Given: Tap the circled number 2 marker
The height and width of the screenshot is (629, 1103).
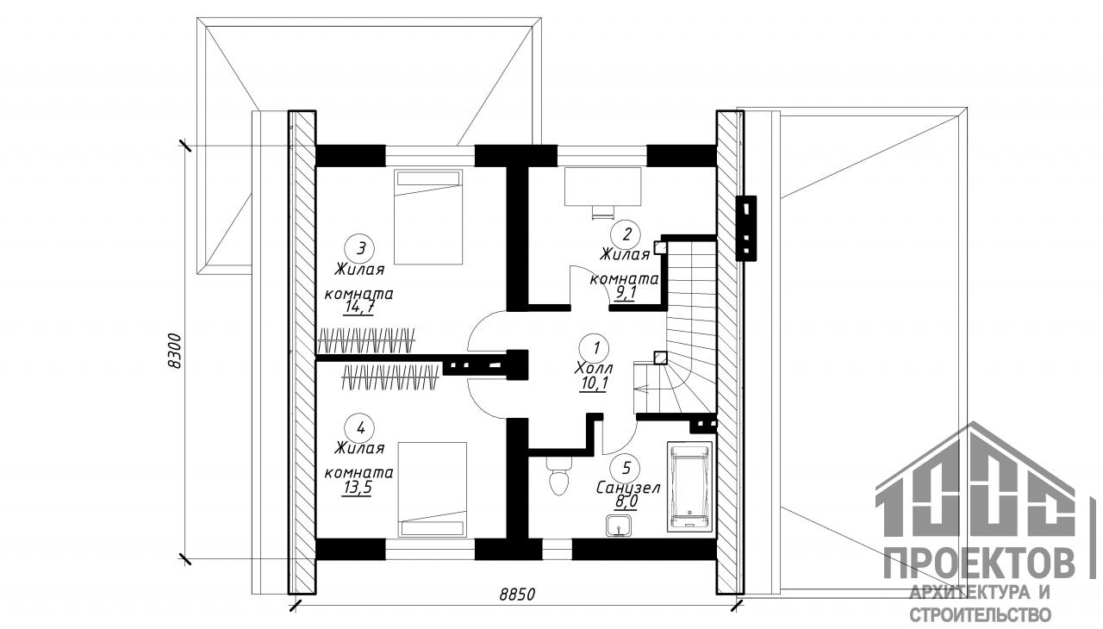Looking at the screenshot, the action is tap(626, 234).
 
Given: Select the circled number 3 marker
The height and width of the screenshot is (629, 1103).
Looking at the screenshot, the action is tap(360, 248).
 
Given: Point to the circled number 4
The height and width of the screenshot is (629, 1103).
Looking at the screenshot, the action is tap(360, 427).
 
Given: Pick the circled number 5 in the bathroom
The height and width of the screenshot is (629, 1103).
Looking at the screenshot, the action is tap(626, 467).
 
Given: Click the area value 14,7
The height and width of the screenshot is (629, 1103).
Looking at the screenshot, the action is tap(359, 308).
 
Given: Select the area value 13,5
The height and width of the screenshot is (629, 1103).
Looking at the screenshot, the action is tap(357, 487).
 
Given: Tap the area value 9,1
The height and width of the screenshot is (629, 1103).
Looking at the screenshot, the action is tap(626, 293).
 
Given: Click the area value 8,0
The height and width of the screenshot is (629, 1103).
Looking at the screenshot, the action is tap(626, 501).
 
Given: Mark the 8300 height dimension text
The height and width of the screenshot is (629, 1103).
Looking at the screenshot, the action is tap(175, 351).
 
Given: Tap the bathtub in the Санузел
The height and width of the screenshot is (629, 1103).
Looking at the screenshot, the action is tap(689, 486).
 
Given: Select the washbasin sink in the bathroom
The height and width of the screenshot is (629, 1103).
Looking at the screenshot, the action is tap(619, 526).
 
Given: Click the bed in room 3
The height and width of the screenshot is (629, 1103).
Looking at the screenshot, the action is tap(428, 216).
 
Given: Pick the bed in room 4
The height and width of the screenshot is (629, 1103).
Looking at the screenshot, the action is tap(432, 489).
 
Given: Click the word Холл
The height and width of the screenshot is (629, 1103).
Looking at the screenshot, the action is tap(594, 368).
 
